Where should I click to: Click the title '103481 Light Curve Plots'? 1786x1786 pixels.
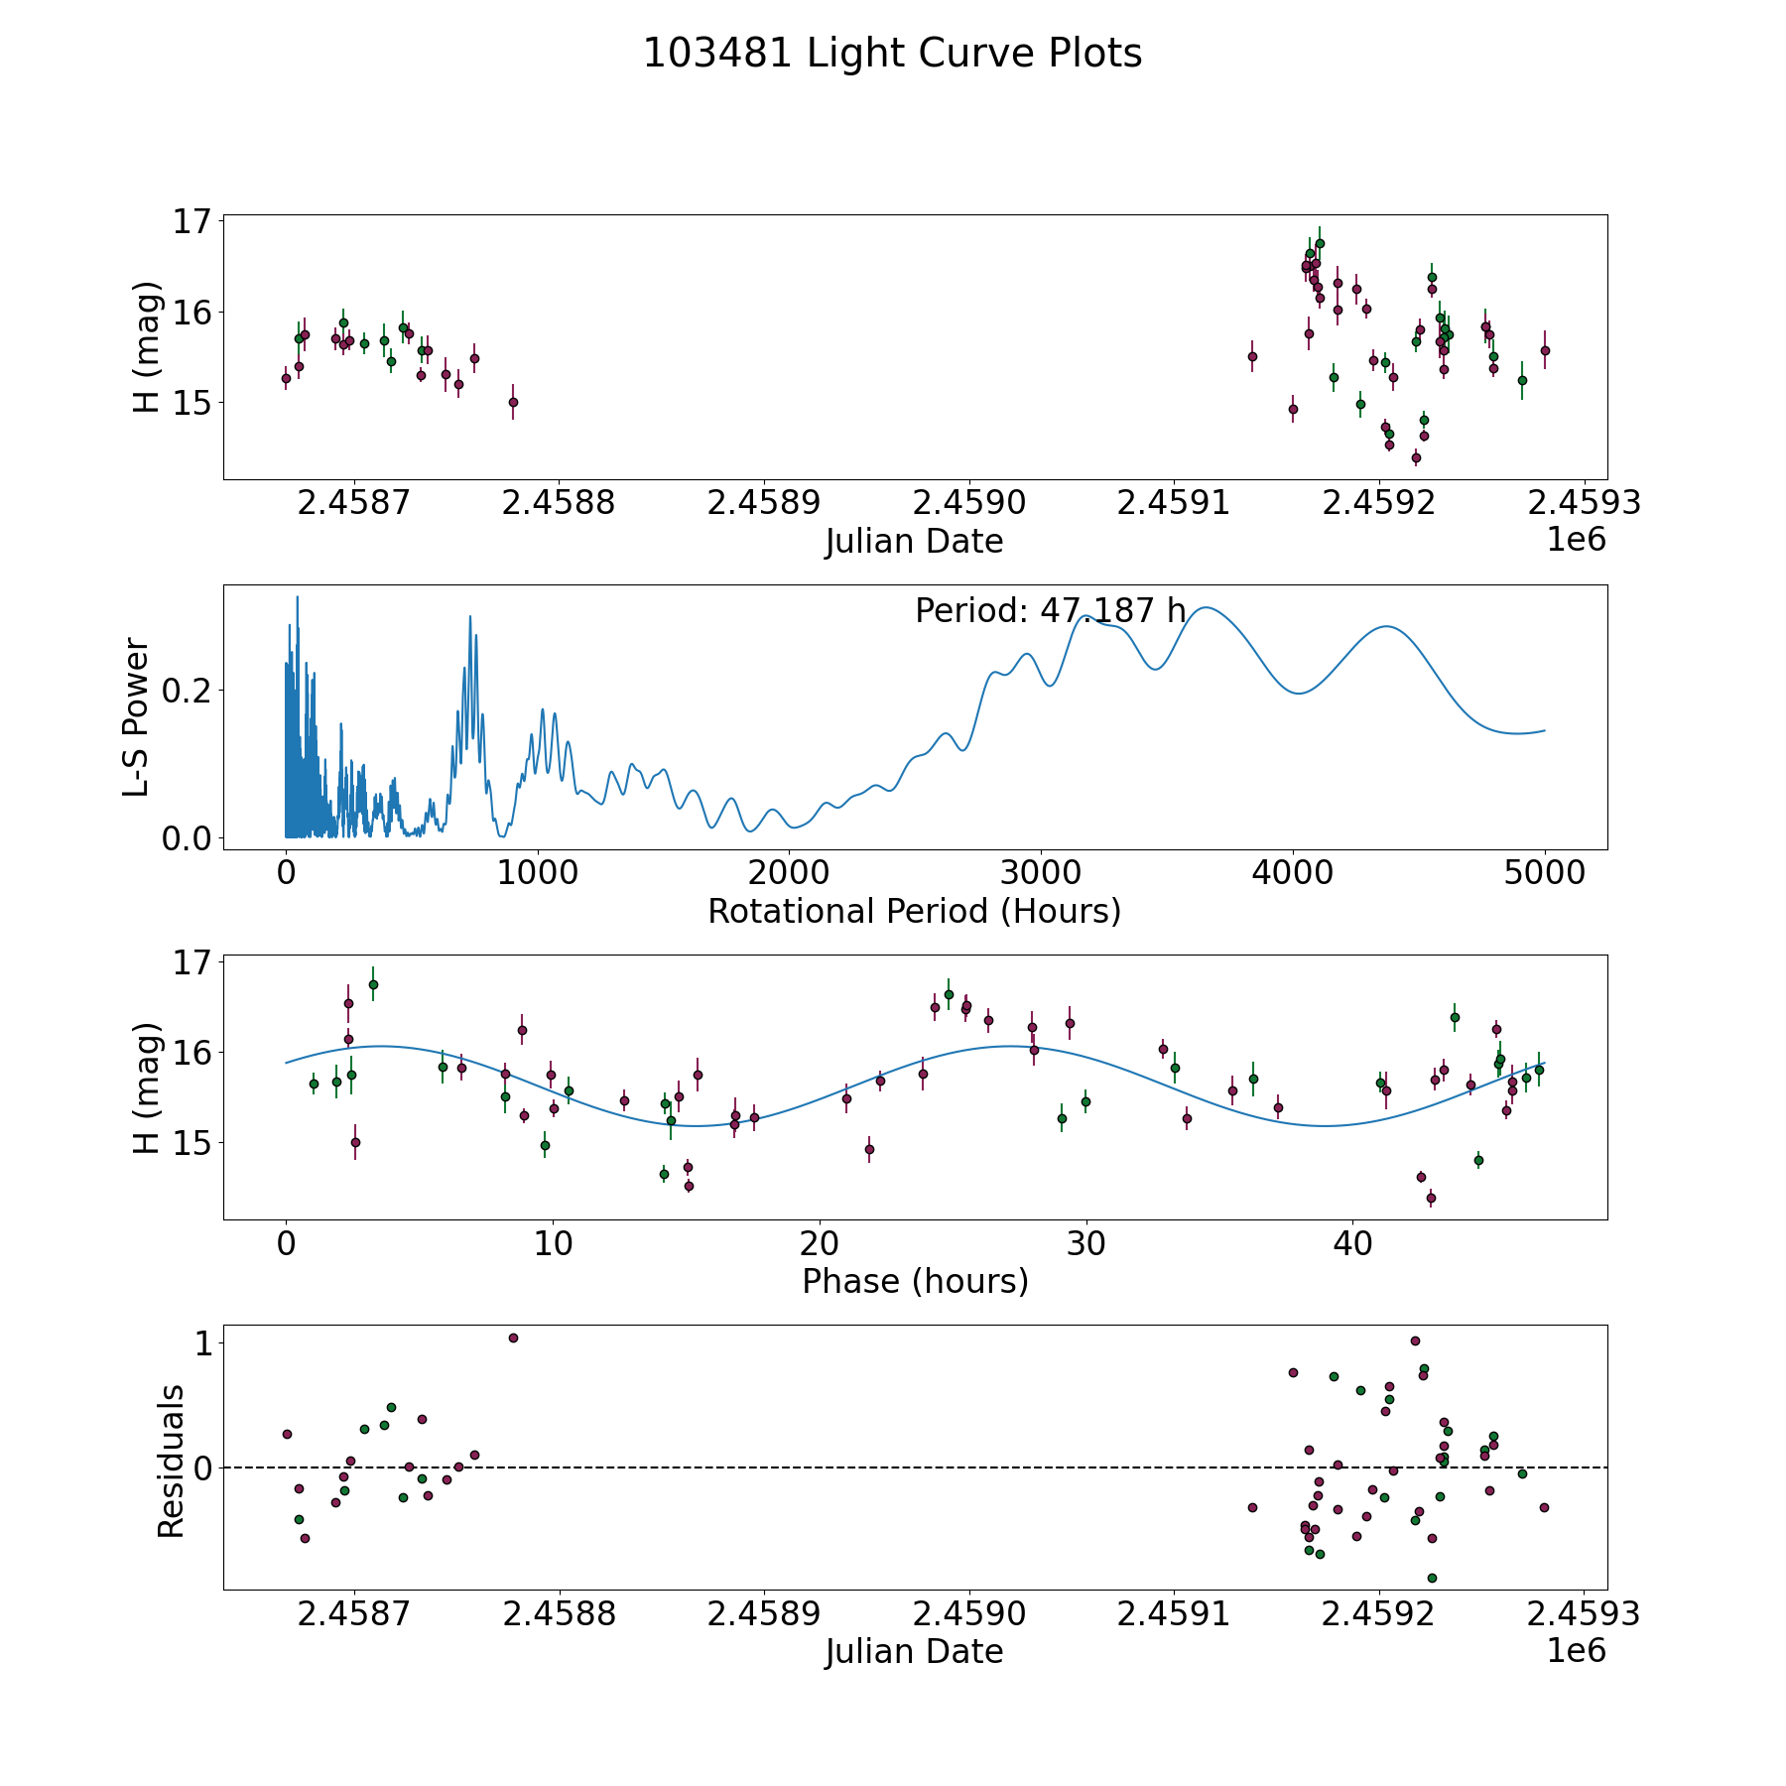(892, 54)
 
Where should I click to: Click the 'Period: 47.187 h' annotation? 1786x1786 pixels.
(1050, 611)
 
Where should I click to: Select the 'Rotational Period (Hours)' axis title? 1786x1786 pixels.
(914, 911)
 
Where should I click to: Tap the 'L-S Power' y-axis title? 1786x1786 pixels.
(137, 717)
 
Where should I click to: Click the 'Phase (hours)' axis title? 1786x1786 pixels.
(914, 1281)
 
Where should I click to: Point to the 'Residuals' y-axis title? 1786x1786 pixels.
(171, 1461)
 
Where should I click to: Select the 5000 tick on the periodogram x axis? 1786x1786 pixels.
(1544, 874)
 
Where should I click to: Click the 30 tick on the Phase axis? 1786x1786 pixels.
(1085, 1244)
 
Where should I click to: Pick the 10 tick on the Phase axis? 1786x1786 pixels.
(553, 1244)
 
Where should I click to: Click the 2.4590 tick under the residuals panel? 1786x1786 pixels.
(968, 1614)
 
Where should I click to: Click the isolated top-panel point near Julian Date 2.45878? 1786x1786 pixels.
(513, 402)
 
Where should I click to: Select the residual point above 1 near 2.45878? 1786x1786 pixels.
(513, 1338)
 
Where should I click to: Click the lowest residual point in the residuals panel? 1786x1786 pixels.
(1432, 1578)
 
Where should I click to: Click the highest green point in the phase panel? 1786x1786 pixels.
(373, 984)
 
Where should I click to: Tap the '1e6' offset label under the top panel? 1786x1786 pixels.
(1576, 540)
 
